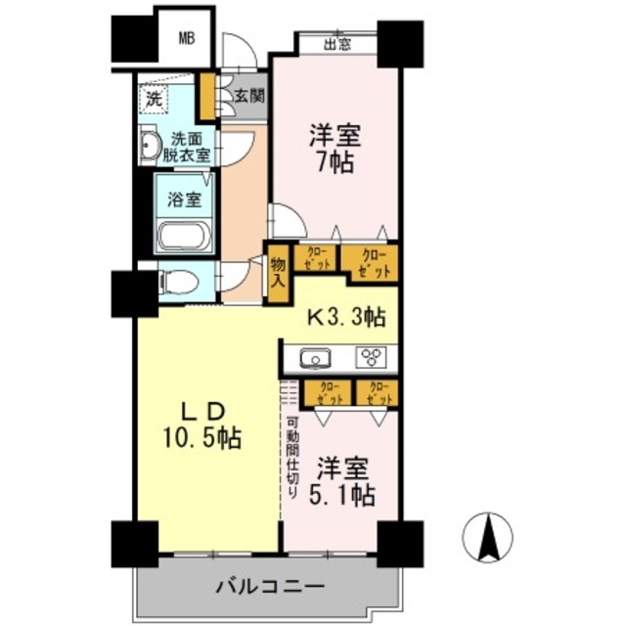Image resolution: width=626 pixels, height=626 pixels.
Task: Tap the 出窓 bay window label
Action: pos(336,43)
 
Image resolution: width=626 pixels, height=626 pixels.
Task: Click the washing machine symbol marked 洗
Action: pos(156,99)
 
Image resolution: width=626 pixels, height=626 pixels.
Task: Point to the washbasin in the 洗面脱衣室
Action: pos(150,148)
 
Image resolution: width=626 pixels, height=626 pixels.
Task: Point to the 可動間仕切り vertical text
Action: pos(291,458)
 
